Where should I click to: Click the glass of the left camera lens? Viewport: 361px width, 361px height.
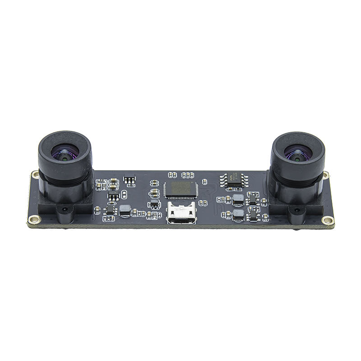(65, 153)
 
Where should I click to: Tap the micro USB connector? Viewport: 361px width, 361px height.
(181, 213)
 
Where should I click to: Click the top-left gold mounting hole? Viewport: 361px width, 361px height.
(35, 174)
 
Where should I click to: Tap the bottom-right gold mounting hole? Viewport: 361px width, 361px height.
(328, 220)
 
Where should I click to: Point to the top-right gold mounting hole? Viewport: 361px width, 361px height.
(326, 175)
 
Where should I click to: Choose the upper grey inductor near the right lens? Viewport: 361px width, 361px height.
(238, 199)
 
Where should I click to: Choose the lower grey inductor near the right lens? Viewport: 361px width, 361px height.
(238, 214)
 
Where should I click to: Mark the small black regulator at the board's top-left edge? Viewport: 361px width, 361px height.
(130, 180)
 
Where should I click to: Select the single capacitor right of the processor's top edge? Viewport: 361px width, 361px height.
(204, 181)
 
